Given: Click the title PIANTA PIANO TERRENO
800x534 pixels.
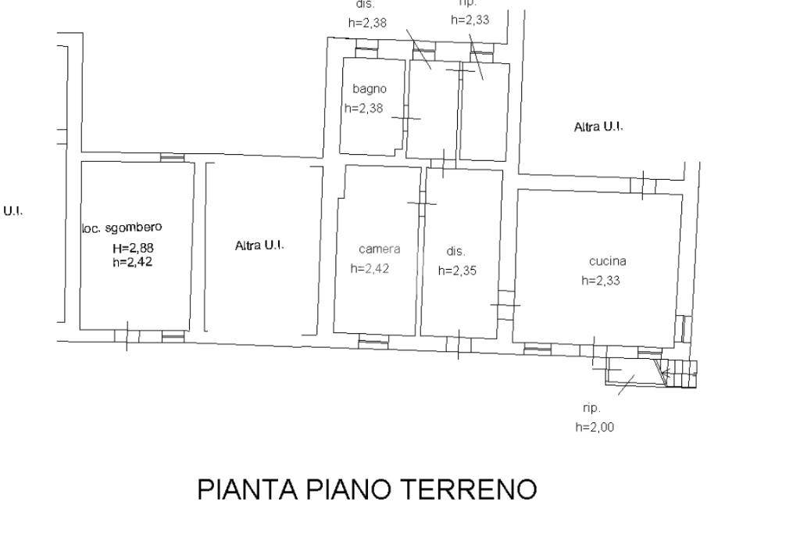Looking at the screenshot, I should [366, 489].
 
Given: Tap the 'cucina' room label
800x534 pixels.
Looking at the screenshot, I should [607, 262].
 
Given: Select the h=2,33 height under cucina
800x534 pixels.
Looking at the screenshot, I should [600, 281].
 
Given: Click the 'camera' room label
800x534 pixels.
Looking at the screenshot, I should [380, 249].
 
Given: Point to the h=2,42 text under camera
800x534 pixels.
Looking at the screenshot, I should [370, 268].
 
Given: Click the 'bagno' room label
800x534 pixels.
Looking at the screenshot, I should [369, 89].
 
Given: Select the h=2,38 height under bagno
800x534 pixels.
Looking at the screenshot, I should [364, 109].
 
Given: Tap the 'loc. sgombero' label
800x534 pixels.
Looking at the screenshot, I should [122, 228].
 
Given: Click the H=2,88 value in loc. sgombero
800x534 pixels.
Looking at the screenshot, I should [132, 249].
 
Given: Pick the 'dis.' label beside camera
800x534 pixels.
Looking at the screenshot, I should [455, 252].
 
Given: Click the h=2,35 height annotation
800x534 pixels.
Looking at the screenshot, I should [457, 271].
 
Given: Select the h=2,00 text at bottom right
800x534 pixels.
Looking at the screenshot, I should [595, 427].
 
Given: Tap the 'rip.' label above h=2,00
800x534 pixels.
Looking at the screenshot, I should [591, 408].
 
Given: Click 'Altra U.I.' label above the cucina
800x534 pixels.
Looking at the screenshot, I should [598, 127].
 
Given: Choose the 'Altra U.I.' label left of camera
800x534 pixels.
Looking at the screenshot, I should [259, 245].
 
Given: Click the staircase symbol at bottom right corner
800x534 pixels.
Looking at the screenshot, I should [679, 373].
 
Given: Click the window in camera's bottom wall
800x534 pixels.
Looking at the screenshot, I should [373, 341].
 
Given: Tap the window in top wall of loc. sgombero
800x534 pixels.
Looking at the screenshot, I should [172, 157].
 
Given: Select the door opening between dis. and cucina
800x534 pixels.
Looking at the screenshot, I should [506, 305].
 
